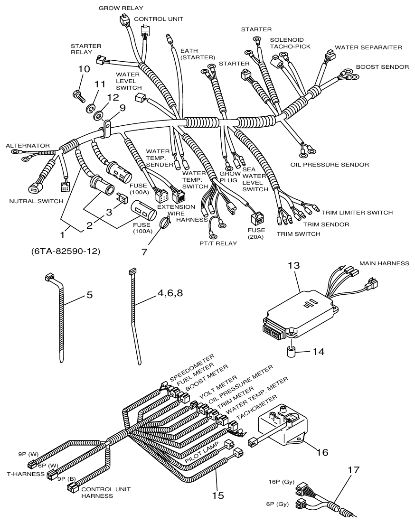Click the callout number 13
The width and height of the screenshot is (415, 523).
pos(294,266)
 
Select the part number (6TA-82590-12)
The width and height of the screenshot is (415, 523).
pos(66,251)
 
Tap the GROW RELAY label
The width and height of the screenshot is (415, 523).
pos(121,8)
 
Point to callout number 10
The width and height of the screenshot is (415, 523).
pos(84,69)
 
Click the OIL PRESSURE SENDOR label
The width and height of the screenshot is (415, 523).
pos(330,165)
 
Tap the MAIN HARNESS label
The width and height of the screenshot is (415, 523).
pos(384,263)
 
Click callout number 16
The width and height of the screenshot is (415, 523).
pos(322,452)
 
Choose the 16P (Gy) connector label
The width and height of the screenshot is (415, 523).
pos(282,482)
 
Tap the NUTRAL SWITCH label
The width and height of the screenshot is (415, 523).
pos(36,201)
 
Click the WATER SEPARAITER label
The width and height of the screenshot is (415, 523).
pos(368,47)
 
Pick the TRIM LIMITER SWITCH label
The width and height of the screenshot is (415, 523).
pos(357,213)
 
